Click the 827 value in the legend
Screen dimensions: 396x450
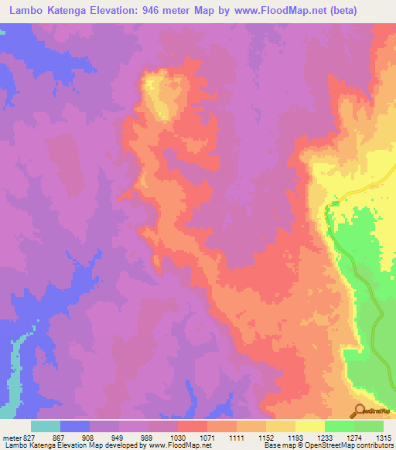tap(24, 438)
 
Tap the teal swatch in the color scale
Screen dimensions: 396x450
tap(46, 426)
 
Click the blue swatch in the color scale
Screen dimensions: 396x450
tap(75, 426)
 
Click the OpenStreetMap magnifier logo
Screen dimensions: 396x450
tap(359, 411)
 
